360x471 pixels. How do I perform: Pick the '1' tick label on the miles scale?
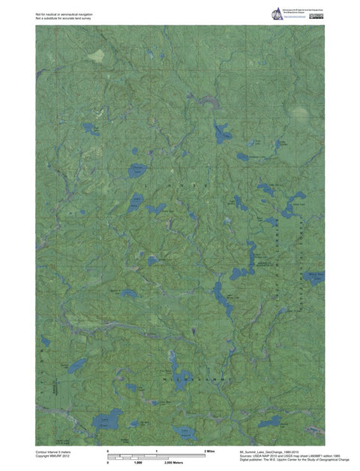point(156,450)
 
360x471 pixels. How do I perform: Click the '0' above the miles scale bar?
point(109,450)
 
